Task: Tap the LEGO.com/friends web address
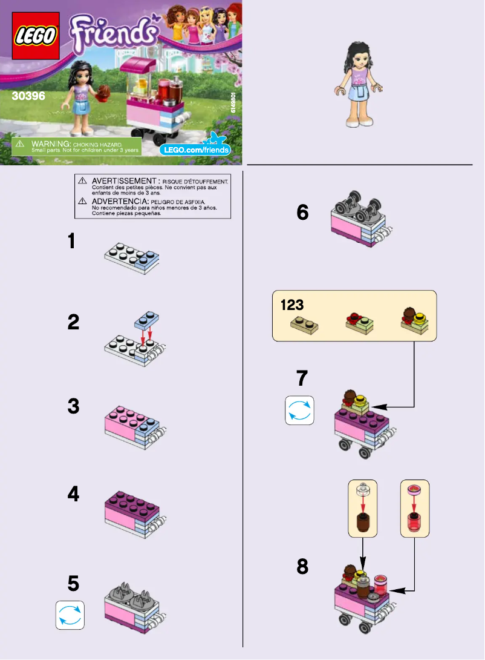click(x=194, y=149)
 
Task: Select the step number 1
click(x=72, y=242)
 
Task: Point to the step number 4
click(x=73, y=495)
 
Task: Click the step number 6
click(x=302, y=213)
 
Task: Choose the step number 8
click(x=302, y=567)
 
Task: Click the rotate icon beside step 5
click(x=70, y=615)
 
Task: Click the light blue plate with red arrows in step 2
click(x=146, y=320)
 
